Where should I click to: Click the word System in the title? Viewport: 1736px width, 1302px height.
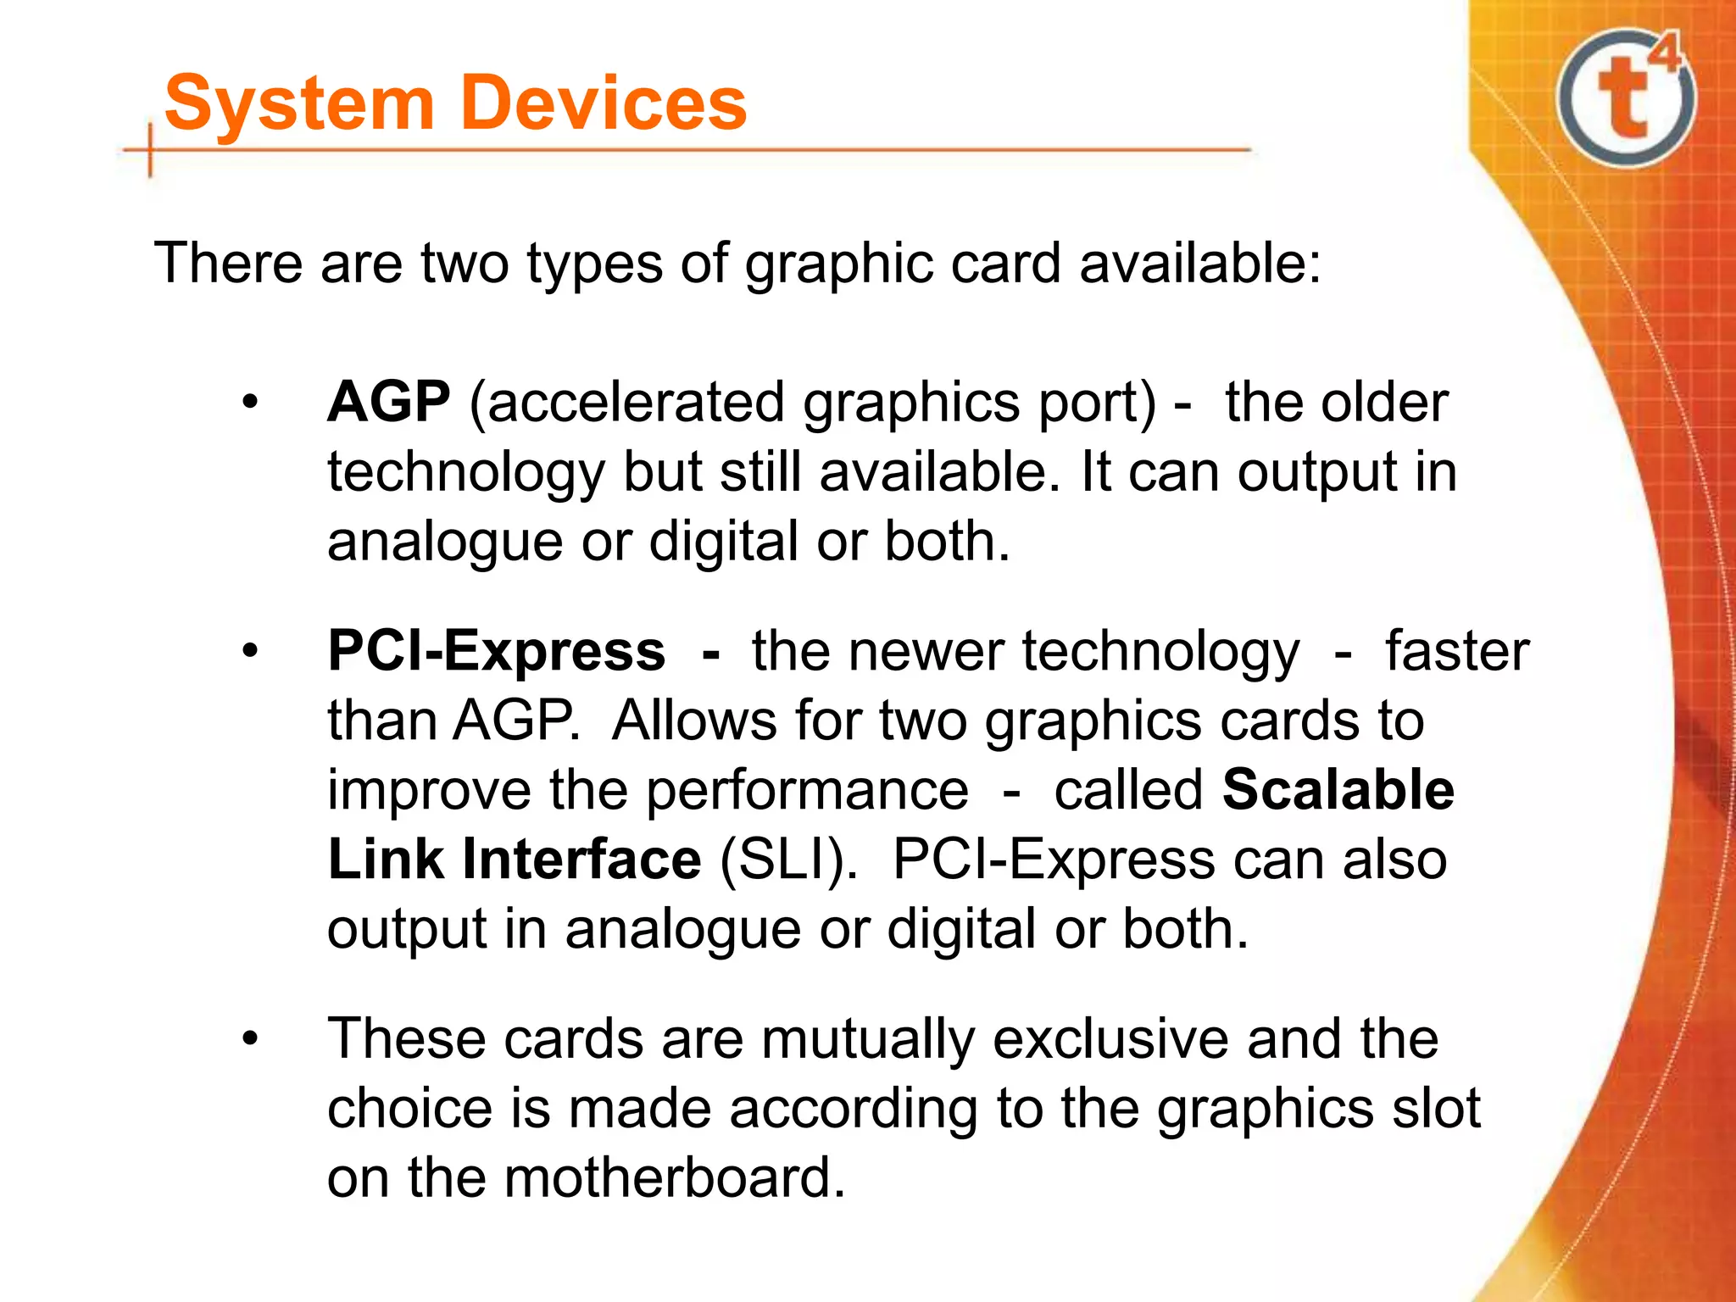point(299,103)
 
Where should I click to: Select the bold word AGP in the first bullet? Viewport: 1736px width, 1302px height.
point(389,402)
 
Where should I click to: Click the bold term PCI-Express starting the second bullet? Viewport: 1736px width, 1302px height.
point(496,651)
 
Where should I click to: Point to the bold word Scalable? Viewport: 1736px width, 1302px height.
point(1338,790)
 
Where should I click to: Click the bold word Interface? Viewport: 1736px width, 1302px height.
point(581,860)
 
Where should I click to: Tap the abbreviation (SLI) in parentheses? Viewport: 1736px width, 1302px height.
point(787,860)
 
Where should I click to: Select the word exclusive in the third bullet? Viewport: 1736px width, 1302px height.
point(1110,1039)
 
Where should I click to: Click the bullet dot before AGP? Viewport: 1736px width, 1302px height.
point(248,402)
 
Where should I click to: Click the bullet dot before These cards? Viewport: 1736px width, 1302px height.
point(248,1039)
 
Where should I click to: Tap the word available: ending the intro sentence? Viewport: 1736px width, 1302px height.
point(1199,263)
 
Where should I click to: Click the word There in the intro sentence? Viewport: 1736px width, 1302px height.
point(228,263)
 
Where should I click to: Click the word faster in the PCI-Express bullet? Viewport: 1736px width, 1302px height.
point(1457,651)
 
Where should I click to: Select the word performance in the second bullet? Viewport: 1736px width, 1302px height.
point(807,790)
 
